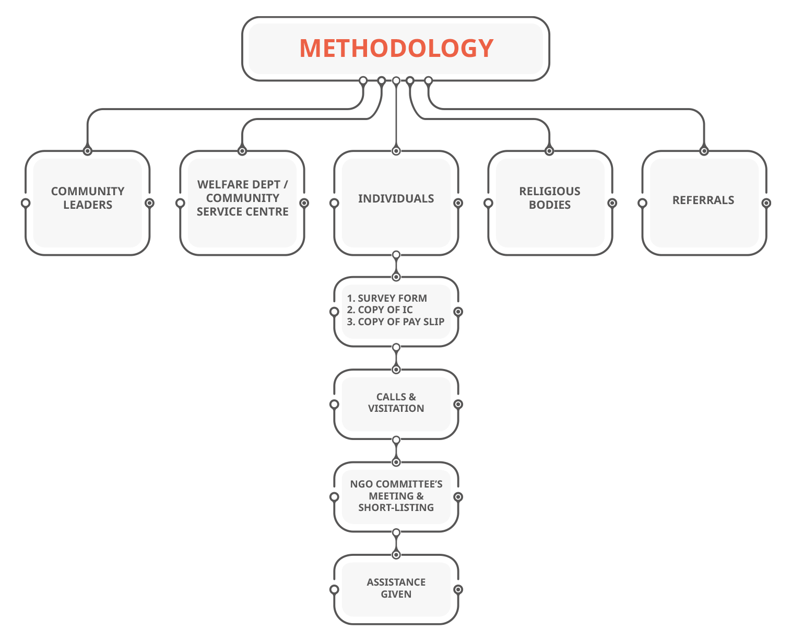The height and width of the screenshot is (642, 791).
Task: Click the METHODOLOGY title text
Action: point(396,48)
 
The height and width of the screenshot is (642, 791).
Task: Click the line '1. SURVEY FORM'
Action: point(387,298)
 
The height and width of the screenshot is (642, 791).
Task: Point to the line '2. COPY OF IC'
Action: point(380,310)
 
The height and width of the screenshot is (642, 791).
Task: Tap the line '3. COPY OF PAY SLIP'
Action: point(395,322)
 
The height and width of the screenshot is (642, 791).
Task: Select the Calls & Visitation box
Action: point(396,403)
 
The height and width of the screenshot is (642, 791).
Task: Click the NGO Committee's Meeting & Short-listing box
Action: point(396,496)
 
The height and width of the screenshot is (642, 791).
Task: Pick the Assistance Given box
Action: point(396,589)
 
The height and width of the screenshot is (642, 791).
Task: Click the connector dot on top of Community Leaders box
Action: point(88,151)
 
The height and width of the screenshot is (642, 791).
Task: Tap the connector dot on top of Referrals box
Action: point(704,151)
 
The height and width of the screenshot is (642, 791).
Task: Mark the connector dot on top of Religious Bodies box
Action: point(549,151)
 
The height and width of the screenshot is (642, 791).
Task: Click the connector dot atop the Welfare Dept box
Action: point(242,151)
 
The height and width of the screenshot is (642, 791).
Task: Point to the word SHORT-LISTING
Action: point(396,507)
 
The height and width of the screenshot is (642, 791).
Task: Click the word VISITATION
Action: point(396,409)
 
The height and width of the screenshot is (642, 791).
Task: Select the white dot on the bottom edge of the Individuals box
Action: point(396,255)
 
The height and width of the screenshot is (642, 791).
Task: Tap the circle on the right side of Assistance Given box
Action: point(458,589)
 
